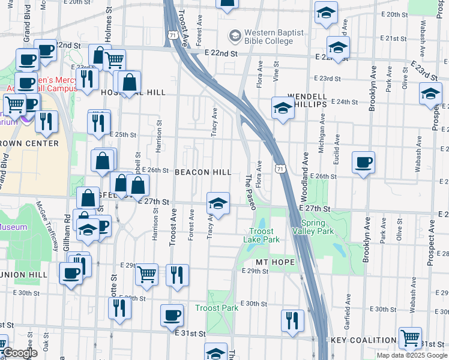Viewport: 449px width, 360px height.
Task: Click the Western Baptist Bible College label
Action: coord(274,36)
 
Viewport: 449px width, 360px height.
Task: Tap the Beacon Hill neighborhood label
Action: coord(203,172)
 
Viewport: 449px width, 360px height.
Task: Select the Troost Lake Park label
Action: coord(262,235)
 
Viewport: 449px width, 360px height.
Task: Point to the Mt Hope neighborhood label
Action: coord(275,263)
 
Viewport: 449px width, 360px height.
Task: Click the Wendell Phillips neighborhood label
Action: coord(307,100)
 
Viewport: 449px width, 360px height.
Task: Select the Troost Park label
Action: coord(216,308)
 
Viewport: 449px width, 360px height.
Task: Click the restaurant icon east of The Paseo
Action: coord(292,320)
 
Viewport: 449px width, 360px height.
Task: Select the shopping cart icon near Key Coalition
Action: coord(410,338)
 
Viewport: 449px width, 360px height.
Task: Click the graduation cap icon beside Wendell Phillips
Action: coord(282,108)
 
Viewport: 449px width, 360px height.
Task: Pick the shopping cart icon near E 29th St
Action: coord(146,275)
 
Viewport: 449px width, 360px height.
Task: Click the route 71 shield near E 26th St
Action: coord(280,169)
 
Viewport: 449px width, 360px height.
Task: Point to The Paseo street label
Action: coord(251,192)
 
